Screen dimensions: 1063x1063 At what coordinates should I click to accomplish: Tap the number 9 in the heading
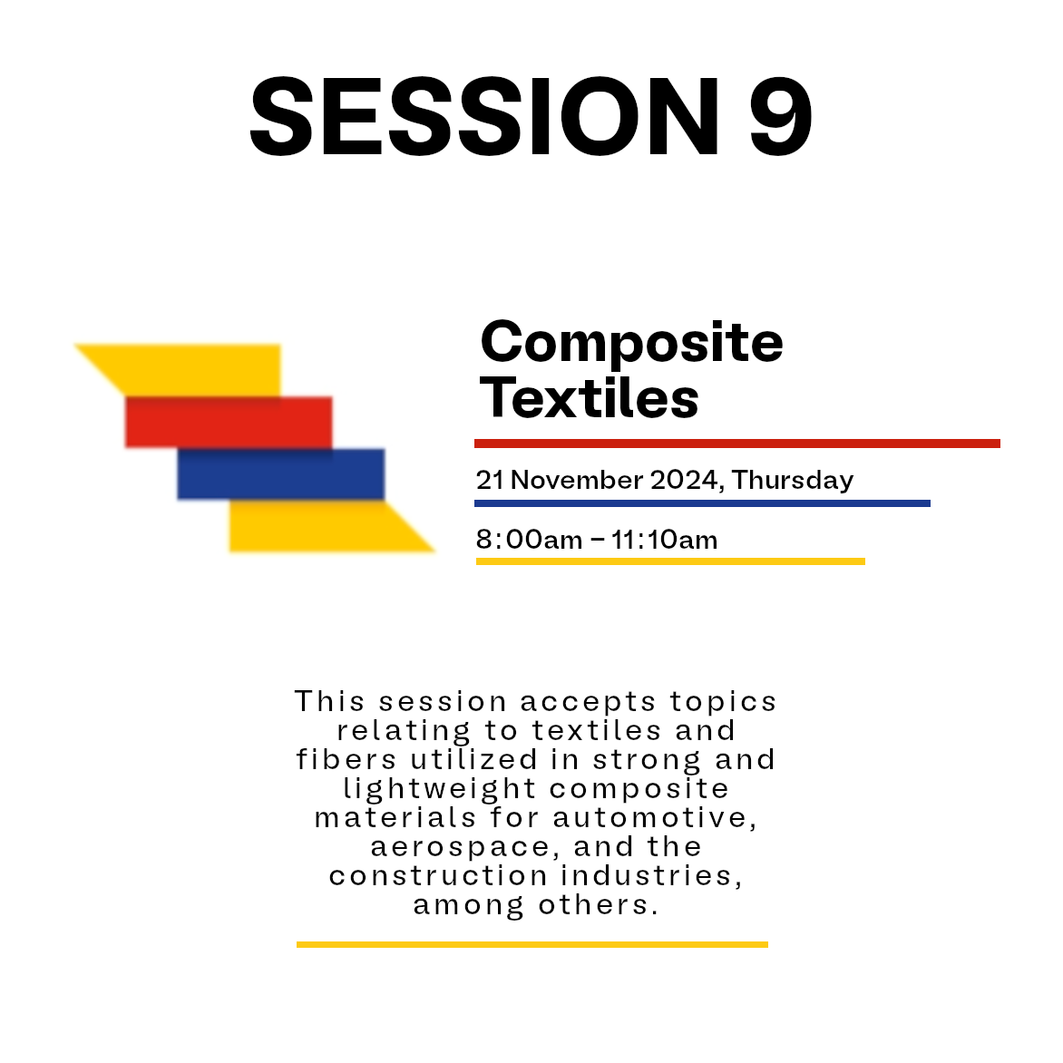pyautogui.click(x=781, y=116)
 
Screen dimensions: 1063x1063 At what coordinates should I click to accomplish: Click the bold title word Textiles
pyautogui.click(x=589, y=397)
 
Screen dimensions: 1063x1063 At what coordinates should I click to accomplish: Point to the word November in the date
pyautogui.click(x=576, y=480)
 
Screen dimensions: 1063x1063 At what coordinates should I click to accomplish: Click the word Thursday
pyautogui.click(x=793, y=480)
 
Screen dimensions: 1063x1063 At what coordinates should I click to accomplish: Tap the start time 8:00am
pyautogui.click(x=529, y=541)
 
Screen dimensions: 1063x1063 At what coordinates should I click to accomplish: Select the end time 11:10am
pyautogui.click(x=664, y=541)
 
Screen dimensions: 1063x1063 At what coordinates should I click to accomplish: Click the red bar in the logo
pyautogui.click(x=229, y=423)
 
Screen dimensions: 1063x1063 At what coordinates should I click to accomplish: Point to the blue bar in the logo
pyautogui.click(x=280, y=473)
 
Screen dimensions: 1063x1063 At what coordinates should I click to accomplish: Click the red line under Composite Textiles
pyautogui.click(x=737, y=444)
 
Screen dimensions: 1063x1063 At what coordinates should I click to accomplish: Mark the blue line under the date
pyautogui.click(x=702, y=503)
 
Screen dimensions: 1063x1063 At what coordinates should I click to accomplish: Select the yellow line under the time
pyautogui.click(x=670, y=561)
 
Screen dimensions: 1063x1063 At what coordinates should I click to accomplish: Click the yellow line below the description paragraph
pyautogui.click(x=532, y=944)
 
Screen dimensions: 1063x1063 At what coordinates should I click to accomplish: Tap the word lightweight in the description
pyautogui.click(x=440, y=789)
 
